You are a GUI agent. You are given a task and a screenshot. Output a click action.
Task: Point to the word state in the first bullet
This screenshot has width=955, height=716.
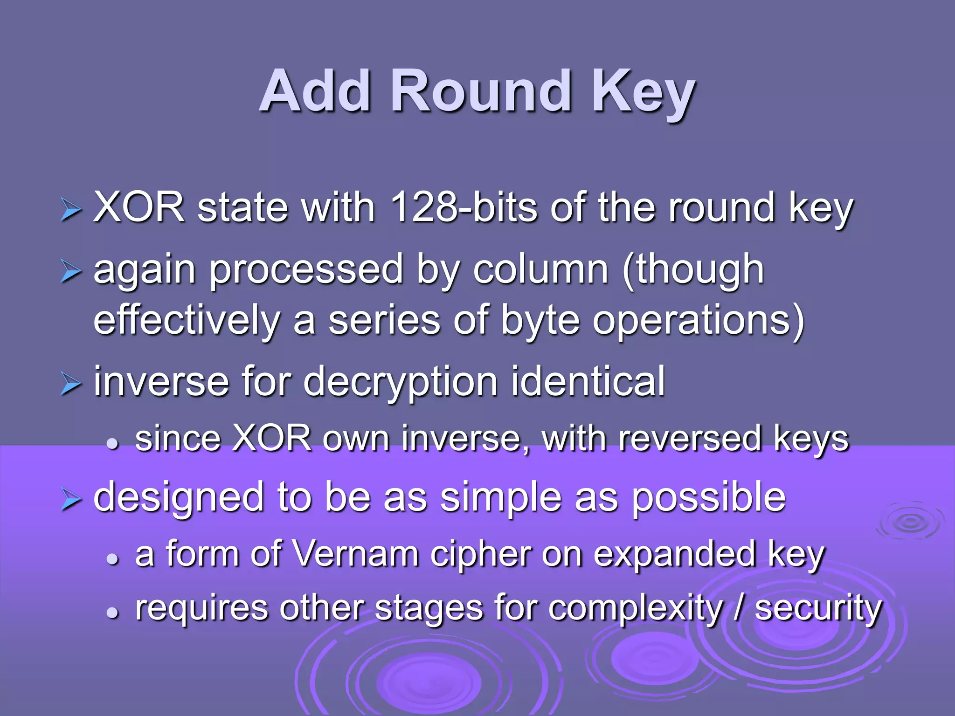pyautogui.click(x=242, y=208)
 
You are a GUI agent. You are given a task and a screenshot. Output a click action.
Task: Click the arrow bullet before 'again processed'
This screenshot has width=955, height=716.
pyautogui.click(x=71, y=272)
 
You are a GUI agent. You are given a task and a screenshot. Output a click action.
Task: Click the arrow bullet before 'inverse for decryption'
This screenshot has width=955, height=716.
pyautogui.click(x=71, y=384)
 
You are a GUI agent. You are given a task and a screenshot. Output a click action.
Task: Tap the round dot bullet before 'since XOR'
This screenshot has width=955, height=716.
pyautogui.click(x=112, y=443)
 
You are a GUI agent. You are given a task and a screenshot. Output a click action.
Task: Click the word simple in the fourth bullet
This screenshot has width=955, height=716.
pyautogui.click(x=501, y=498)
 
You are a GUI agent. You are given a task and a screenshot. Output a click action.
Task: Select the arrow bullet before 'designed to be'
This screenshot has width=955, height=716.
pyautogui.click(x=71, y=500)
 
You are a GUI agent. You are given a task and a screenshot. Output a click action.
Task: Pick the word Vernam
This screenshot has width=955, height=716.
pyautogui.click(x=357, y=554)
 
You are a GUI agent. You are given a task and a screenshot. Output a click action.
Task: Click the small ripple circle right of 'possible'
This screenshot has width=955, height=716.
pyautogui.click(x=910, y=522)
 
